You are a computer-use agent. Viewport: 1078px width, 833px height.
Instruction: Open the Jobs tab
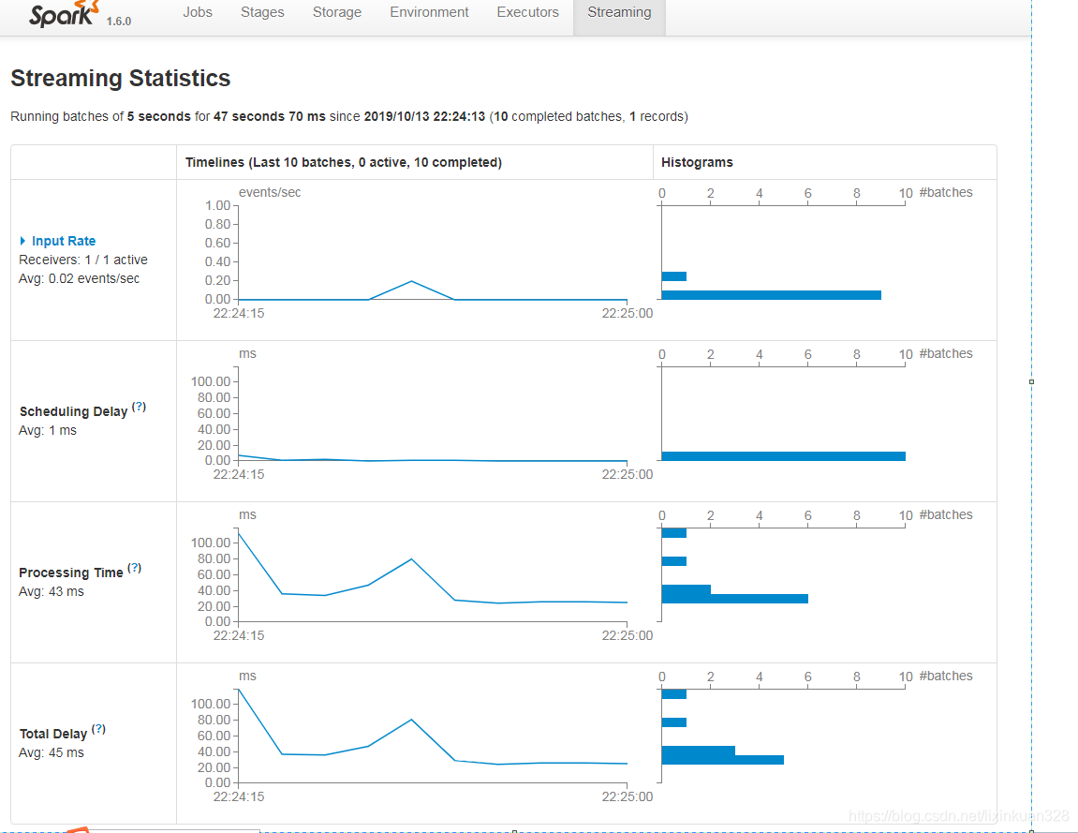point(198,12)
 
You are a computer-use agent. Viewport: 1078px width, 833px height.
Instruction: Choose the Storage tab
point(337,12)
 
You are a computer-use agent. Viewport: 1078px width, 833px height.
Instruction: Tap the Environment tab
point(429,12)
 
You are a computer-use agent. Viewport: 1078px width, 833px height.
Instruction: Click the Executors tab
point(527,12)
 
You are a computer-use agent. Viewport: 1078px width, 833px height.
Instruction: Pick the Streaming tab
point(619,12)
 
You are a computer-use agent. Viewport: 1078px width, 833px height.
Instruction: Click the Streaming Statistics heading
point(120,79)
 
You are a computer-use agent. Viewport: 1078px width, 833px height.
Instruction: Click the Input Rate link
point(63,241)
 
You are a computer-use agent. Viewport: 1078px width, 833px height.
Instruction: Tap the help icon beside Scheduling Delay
point(139,408)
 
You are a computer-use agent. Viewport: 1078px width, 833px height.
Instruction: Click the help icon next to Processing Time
point(134,568)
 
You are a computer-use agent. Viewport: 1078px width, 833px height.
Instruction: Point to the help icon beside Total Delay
point(98,730)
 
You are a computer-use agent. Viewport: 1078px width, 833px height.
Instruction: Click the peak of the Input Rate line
point(411,281)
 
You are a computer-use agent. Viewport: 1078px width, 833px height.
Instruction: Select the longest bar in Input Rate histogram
point(771,295)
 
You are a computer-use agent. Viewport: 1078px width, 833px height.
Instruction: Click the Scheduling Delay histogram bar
point(783,456)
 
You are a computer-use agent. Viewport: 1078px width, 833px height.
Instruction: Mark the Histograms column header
point(697,162)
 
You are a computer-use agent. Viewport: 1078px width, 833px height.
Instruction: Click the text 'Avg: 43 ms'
point(52,591)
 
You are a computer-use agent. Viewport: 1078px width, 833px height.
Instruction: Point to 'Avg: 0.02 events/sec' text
point(80,278)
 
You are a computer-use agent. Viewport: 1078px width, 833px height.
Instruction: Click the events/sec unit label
point(270,192)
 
